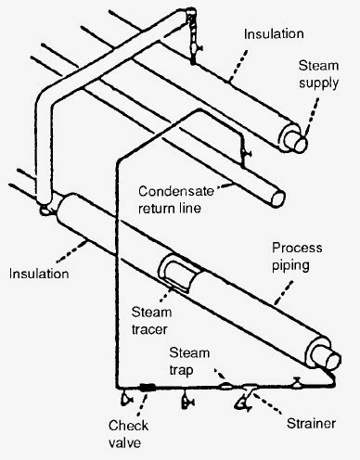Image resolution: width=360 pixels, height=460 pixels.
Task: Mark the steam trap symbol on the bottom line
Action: click(x=226, y=383)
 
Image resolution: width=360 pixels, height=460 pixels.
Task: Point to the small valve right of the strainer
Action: click(x=295, y=382)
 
